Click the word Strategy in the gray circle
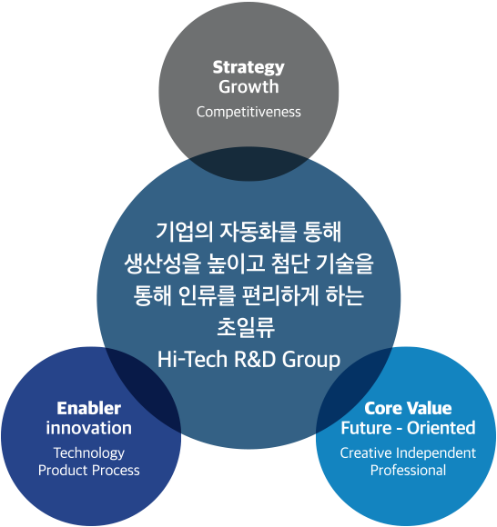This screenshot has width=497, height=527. pos(248,68)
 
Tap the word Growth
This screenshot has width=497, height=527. pos(248,86)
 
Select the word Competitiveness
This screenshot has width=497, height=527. pos(248,112)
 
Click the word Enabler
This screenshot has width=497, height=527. pos(89,408)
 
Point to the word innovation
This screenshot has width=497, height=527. pos(89,428)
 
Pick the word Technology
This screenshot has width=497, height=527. pos(89,453)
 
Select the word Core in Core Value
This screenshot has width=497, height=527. pos(383,408)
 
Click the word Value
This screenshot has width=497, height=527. pos(429,408)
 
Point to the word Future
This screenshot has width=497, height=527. pos(366,428)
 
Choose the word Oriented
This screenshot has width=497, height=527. pos(441,428)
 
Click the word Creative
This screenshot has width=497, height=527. pos(366,453)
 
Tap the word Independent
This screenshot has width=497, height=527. pos(436,453)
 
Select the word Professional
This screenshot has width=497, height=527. pos(408,470)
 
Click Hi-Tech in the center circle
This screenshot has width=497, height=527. pos(193,359)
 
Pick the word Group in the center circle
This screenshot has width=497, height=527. pos(310,360)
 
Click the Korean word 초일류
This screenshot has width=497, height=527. pos(246,327)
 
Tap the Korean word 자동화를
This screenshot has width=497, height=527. pos(258,232)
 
